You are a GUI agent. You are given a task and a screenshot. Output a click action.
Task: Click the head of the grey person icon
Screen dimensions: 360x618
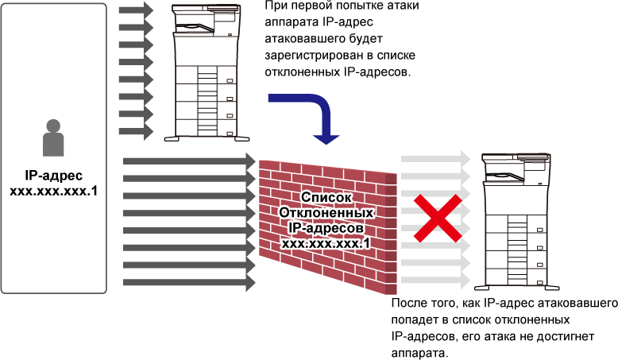pyautogui.click(x=53, y=126)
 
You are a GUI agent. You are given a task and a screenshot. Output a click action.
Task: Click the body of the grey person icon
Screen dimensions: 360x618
pyautogui.click(x=53, y=145)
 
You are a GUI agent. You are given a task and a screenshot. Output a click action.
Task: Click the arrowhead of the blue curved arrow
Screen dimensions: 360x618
pyautogui.click(x=326, y=138)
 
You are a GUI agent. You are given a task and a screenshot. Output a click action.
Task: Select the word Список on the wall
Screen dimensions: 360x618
pyautogui.click(x=326, y=196)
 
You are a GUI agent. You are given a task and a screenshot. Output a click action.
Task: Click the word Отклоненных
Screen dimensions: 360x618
pyautogui.click(x=326, y=212)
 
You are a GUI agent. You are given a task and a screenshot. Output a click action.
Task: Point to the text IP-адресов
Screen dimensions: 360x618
pyautogui.click(x=326, y=228)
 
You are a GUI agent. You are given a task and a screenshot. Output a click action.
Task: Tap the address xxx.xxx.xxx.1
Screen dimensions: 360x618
pyautogui.click(x=326, y=244)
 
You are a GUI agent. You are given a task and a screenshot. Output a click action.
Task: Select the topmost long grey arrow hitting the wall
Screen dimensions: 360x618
pyautogui.click(x=189, y=161)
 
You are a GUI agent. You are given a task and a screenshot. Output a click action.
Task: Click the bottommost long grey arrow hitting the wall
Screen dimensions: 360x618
pyautogui.click(x=189, y=282)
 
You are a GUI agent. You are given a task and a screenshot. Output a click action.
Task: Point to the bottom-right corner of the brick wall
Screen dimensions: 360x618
pyautogui.click(x=395, y=293)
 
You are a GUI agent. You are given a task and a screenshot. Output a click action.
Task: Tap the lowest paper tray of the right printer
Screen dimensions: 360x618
pyautogui.click(x=516, y=274)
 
